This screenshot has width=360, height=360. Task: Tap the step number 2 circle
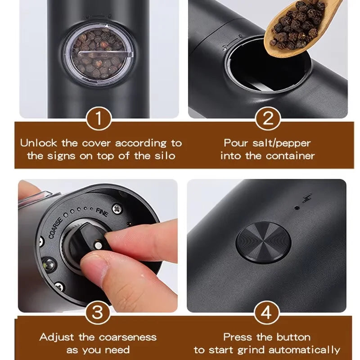(x=268, y=120)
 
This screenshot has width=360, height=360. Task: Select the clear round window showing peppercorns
(x=97, y=54)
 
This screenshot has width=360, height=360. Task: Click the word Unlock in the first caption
(x=39, y=144)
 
